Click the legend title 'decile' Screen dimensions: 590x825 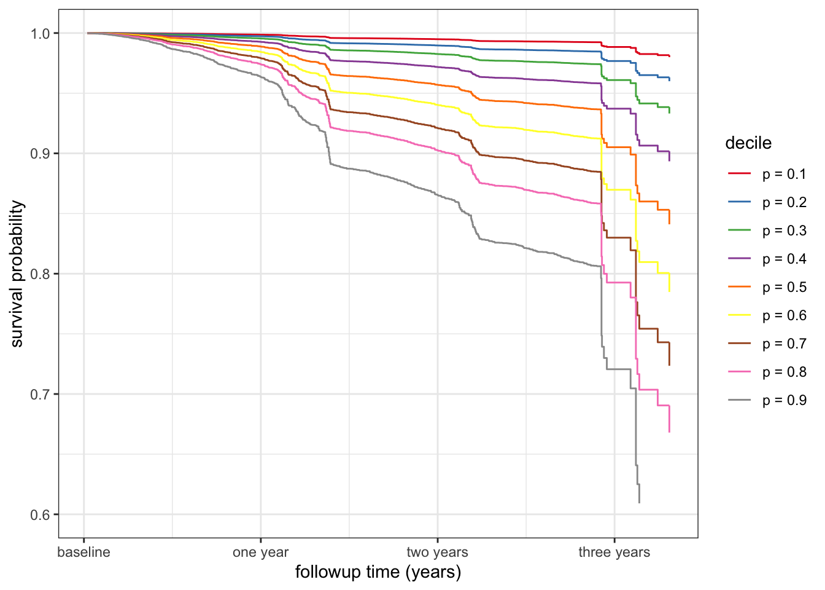click(x=748, y=143)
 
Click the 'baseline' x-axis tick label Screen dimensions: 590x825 click(x=83, y=552)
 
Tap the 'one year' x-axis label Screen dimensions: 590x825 click(x=260, y=552)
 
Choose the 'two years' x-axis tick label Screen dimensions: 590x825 click(x=437, y=552)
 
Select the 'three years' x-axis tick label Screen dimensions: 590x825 click(x=614, y=552)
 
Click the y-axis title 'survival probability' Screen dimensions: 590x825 click(x=17, y=273)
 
